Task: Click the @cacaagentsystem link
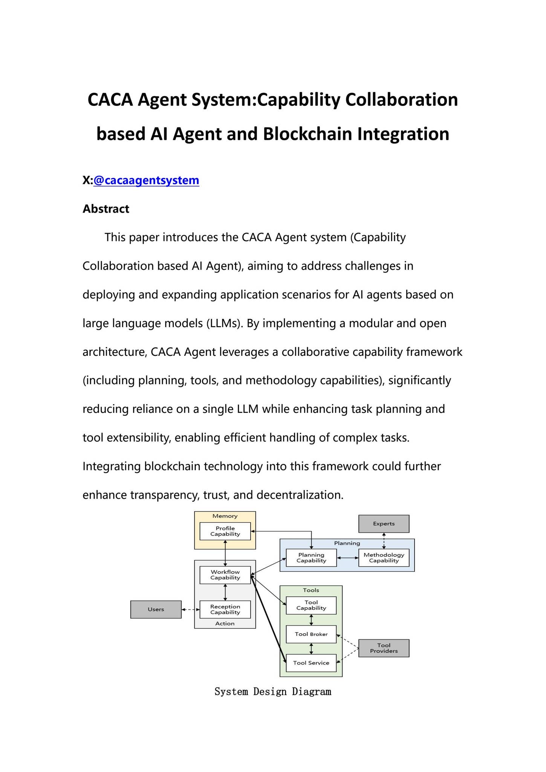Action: (x=146, y=180)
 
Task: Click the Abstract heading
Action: (x=106, y=209)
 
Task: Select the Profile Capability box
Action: (x=225, y=531)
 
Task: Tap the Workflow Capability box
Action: (x=225, y=575)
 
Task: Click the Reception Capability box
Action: (x=225, y=610)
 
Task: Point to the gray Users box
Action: (x=156, y=610)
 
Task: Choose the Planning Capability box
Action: (x=311, y=558)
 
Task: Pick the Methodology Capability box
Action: (x=384, y=558)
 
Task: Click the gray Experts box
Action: (x=384, y=524)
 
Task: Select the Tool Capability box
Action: (x=311, y=605)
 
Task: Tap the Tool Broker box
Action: (x=311, y=634)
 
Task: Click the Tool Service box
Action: (x=311, y=663)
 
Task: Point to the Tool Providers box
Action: (x=384, y=648)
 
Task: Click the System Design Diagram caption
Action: (x=273, y=692)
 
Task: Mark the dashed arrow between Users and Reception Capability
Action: (x=190, y=610)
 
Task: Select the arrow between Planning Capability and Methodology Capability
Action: (x=347, y=558)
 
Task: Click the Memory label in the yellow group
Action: (x=225, y=516)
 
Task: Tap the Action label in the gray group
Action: (x=225, y=623)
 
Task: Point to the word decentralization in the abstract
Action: (x=300, y=495)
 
